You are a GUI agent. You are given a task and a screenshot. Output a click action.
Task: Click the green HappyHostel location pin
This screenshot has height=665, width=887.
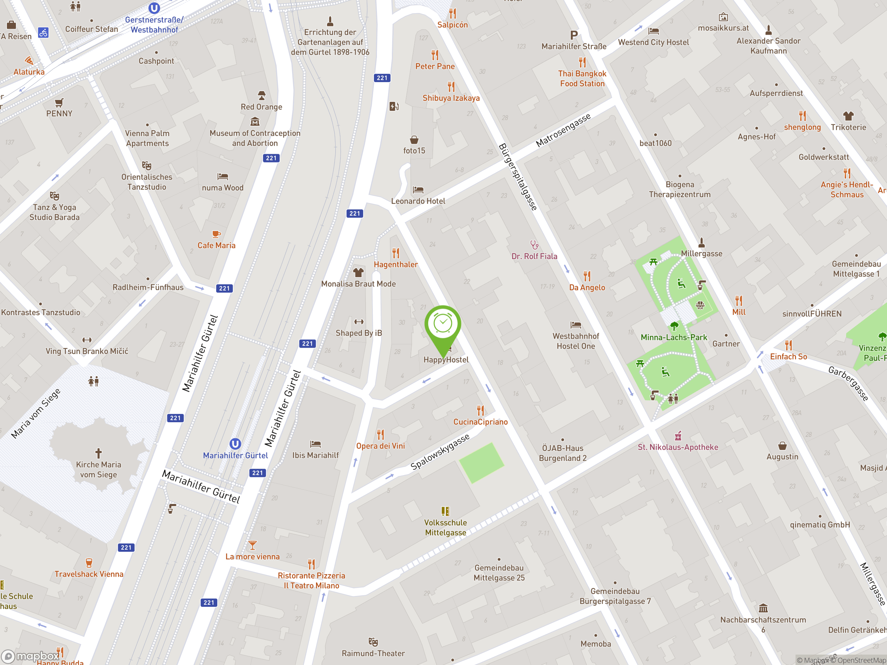pos(443,325)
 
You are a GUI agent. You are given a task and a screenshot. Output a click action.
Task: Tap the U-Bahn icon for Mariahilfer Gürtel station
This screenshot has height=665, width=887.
pos(235,444)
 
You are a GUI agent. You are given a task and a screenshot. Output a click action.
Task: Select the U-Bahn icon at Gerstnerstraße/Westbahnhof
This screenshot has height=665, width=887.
pos(154,8)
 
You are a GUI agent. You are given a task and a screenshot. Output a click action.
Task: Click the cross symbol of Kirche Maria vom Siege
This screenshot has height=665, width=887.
pos(98,453)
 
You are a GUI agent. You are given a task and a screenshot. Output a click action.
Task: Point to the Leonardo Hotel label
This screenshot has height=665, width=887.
pos(418,201)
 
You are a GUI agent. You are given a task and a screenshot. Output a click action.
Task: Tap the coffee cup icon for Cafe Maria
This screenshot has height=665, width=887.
pos(216,234)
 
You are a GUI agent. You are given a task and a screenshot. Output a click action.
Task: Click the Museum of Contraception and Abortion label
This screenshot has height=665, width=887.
pos(255,138)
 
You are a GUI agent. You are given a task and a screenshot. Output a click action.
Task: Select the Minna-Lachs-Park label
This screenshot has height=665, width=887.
pos(674,337)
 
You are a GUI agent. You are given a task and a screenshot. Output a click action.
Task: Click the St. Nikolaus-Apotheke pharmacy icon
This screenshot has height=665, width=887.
pos(678,436)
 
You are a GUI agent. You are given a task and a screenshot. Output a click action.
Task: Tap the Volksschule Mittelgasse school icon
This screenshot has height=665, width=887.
pos(445,511)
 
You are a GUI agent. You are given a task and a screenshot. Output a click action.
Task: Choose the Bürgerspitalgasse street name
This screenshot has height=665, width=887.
pos(518,176)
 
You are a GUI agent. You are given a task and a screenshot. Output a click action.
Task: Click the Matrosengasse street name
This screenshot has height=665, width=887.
pos(563,130)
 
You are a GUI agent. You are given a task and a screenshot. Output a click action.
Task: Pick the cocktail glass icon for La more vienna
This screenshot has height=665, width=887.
pos(252,545)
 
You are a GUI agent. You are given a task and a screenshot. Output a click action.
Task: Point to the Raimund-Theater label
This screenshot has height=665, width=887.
pos(373,653)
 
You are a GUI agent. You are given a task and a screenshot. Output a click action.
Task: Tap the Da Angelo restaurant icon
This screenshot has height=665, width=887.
pos(587,276)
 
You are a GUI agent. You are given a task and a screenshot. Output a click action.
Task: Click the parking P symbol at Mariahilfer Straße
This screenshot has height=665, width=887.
pos(574,35)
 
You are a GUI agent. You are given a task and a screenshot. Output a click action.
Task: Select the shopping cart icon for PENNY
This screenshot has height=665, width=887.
pos(59,102)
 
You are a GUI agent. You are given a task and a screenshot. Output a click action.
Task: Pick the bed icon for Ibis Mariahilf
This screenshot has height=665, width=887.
pos(315,444)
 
